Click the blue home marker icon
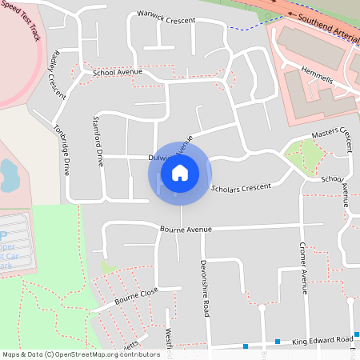[x=179, y=172]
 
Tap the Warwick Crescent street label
[x=166, y=17]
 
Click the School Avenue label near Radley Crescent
[x=117, y=72]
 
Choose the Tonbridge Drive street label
[x=62, y=150]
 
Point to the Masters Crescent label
[x=331, y=134]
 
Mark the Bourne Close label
[x=137, y=296]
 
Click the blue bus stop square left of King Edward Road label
[x=278, y=342]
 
